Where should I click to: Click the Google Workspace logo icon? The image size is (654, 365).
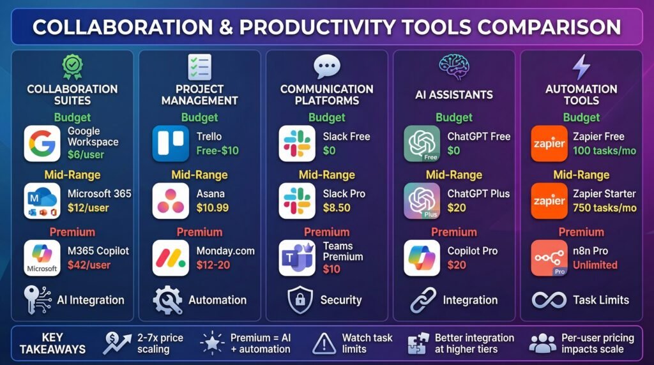coord(42,143)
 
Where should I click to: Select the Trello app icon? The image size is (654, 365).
coord(171,143)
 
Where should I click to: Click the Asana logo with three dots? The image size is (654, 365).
coord(171,200)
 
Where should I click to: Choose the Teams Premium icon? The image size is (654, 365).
coord(297,258)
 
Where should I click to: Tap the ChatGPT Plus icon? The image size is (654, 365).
coord(422,200)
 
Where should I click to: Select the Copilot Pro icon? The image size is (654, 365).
coord(422,258)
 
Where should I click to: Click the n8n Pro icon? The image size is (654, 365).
coord(549,258)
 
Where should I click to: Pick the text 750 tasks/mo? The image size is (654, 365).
coord(604,207)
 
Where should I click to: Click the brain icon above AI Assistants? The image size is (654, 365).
coord(453,66)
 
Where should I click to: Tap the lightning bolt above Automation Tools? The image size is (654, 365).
coord(581,67)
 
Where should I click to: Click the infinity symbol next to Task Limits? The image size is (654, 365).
coord(547,300)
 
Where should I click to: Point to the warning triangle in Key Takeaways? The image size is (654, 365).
coord(324,343)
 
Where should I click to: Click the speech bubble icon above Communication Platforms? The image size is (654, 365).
coord(326,66)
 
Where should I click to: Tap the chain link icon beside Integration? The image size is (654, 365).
coord(423,300)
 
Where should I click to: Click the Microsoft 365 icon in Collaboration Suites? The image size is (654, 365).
coord(42,200)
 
